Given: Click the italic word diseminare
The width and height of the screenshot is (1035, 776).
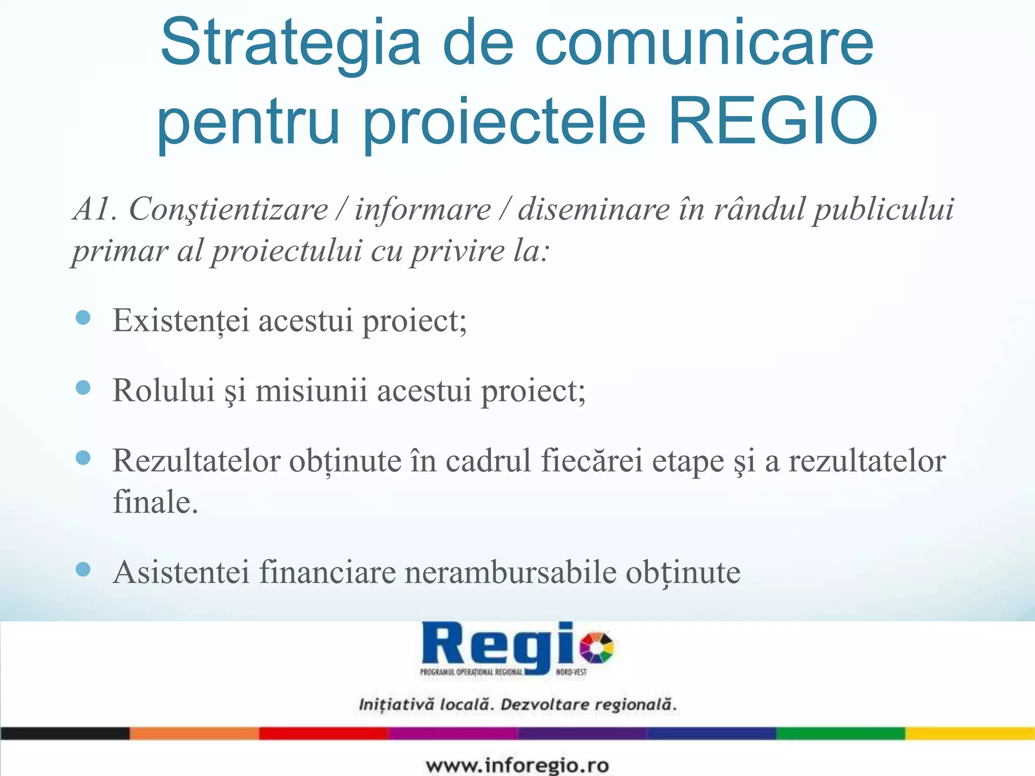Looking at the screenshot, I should coord(594,209).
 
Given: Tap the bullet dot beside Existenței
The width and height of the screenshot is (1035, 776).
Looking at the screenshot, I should coord(83,318).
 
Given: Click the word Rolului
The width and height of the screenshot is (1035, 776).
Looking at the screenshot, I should coord(164,391).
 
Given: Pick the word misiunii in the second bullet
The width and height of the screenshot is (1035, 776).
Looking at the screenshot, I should coord(311,391).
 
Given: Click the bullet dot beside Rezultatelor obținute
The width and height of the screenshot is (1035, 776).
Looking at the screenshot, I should coord(83,458).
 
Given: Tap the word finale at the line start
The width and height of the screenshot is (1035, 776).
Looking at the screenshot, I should coord(155,502).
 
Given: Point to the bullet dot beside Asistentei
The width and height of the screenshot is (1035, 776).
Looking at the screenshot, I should coord(83,570).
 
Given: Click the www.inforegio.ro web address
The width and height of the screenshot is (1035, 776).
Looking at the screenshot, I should coord(517,765).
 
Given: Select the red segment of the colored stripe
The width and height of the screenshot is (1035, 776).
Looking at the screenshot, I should coord(323,733).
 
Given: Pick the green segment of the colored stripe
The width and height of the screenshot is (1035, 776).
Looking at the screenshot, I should coord(840,733).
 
